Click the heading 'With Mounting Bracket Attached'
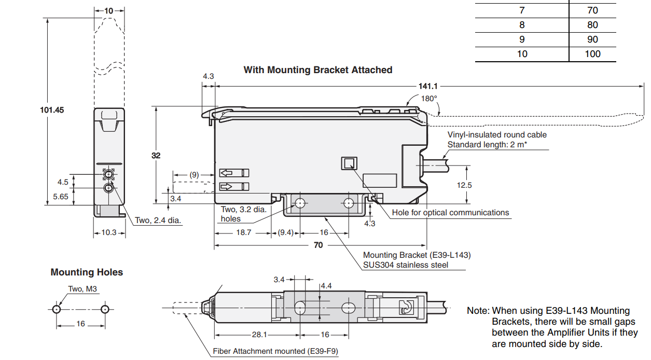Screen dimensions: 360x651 click(317, 70)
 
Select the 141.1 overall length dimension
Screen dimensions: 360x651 click(428, 86)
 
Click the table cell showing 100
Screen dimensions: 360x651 click(592, 54)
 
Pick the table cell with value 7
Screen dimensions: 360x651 click(522, 10)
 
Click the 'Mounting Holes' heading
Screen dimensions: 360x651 click(87, 272)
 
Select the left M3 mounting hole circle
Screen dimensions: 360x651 click(57, 309)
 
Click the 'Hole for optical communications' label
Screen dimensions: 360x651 click(450, 212)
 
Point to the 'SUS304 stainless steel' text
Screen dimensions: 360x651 click(406, 265)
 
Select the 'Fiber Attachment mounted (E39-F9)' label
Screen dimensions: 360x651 click(275, 351)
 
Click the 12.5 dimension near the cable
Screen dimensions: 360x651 click(464, 185)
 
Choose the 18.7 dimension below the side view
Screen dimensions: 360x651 click(243, 232)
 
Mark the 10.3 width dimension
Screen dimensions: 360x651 click(109, 232)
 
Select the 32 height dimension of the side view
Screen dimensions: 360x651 click(156, 155)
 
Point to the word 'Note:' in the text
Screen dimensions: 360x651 click(478, 311)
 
